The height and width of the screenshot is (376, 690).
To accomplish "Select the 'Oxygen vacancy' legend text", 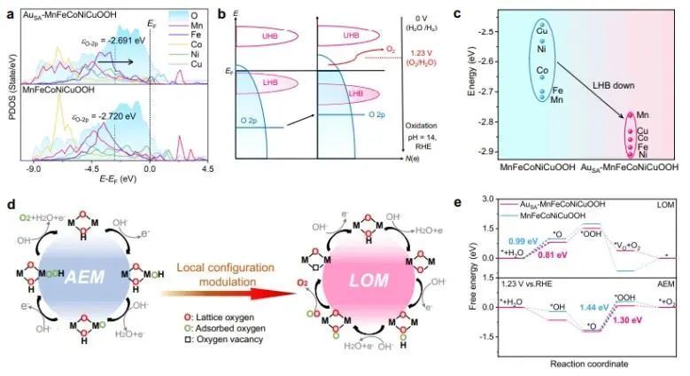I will pos(213,342).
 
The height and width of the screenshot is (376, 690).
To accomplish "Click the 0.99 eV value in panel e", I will pos(519,241).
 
